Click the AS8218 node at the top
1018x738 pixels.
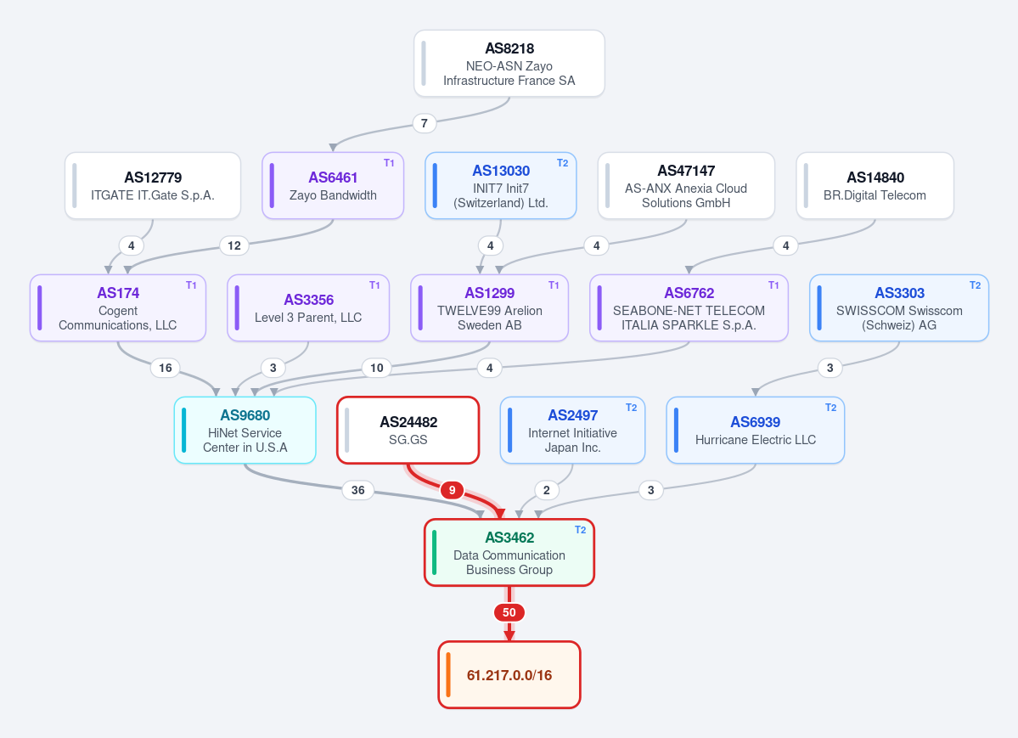click(x=509, y=64)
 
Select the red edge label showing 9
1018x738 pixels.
click(x=452, y=490)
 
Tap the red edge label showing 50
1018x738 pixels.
click(x=509, y=612)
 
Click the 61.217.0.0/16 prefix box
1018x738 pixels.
click(x=509, y=675)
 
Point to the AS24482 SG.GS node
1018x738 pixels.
click(x=408, y=430)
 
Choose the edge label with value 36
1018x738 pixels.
click(x=357, y=490)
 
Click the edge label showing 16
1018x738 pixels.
click(x=166, y=368)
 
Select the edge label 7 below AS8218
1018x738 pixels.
click(x=424, y=123)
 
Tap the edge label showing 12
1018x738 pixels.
click(x=234, y=245)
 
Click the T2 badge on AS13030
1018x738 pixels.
click(x=562, y=163)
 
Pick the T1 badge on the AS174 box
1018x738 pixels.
click(x=191, y=285)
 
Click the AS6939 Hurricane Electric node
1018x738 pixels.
click(x=755, y=430)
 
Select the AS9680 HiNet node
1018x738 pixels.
click(x=245, y=430)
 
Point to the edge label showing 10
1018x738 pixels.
click(x=377, y=368)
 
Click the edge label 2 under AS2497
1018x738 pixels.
click(x=546, y=490)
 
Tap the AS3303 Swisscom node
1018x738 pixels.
click(x=899, y=308)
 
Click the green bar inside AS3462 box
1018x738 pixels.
click(x=435, y=553)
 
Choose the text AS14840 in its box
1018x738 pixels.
click(x=875, y=177)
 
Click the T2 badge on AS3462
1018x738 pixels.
click(x=581, y=529)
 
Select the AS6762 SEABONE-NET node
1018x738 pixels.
click(x=689, y=308)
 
